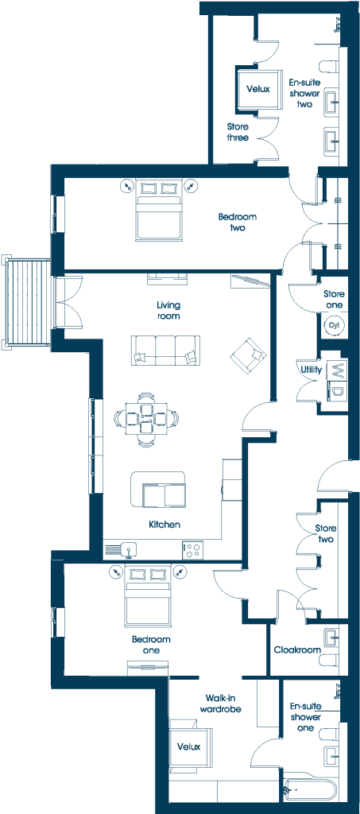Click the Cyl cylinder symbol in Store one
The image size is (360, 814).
point(334,325)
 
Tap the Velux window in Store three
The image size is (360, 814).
point(257,89)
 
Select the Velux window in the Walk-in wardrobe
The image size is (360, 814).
point(191,746)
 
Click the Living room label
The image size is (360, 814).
point(168,310)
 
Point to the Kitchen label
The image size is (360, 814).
point(165,525)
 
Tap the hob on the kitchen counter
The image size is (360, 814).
point(192,550)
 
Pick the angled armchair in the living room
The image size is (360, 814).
point(248,355)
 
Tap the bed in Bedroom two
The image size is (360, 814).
point(159,210)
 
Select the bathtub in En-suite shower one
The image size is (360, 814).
point(310,793)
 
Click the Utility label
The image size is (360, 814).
point(312,370)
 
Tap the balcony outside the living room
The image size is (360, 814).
point(26,301)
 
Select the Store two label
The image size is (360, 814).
point(326,533)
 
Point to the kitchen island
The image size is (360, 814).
point(159,490)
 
